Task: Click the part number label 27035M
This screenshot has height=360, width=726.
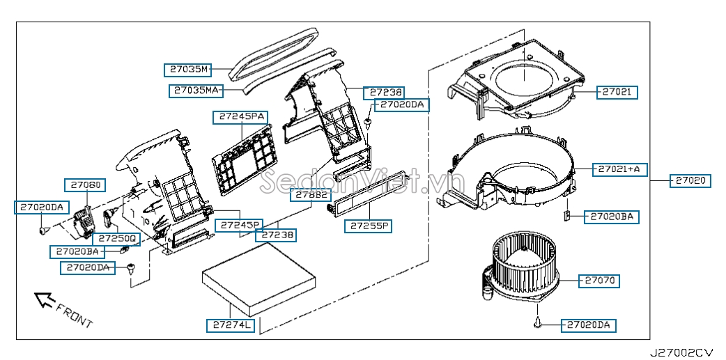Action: pos(187,70)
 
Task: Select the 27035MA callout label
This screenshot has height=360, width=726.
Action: pos(196,91)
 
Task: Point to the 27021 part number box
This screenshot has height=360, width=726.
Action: pos(617,92)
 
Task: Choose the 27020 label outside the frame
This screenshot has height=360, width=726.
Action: pos(691,180)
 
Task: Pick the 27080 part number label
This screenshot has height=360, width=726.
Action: pos(85,185)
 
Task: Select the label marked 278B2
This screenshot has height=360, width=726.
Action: pos(311,195)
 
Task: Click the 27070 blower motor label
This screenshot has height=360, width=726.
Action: pos(599,281)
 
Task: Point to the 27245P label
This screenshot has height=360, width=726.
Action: pos(238,225)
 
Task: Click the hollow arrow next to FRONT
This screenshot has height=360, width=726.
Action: pos(45,300)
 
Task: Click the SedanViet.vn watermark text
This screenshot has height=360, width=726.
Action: pos(362,183)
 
